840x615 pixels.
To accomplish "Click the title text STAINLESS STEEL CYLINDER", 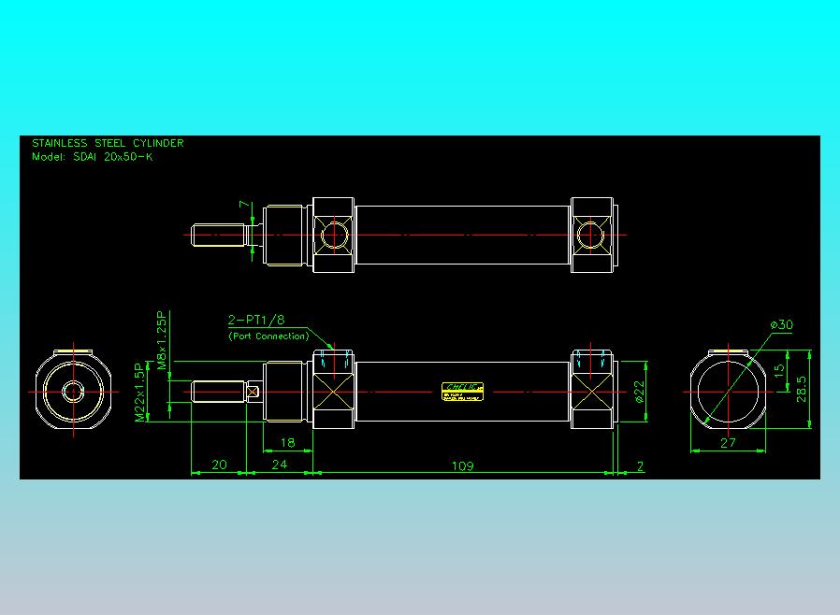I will point(108,143).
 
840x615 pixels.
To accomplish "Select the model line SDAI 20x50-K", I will point(93,157).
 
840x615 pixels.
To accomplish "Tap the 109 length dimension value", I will point(462,465).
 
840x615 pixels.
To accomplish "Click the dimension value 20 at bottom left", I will point(219,465).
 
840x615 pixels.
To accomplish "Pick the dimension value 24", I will point(280,465).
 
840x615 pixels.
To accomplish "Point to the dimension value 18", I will point(287,443).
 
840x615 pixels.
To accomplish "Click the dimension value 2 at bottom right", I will point(640,465).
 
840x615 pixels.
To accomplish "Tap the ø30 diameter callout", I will point(781,324).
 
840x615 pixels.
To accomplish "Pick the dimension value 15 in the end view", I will point(780,370).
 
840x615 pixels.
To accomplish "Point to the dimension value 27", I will point(729,443).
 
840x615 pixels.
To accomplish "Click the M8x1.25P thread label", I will point(161,340).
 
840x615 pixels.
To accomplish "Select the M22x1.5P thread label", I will point(139,393).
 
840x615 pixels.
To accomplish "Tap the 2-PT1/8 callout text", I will point(255,320).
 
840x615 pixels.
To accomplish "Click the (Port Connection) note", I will point(268,336).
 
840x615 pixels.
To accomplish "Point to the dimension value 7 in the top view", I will point(243,204).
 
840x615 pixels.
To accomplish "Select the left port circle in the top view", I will point(333,234).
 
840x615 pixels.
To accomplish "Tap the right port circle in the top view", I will point(589,234).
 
